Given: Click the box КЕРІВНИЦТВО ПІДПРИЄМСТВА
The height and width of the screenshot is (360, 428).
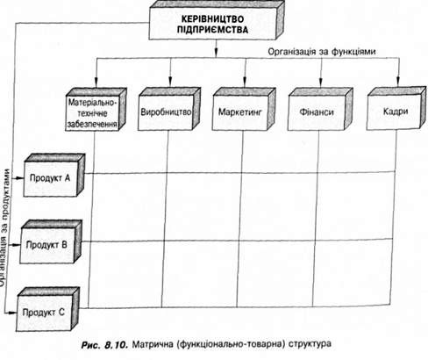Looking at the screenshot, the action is click(217, 20).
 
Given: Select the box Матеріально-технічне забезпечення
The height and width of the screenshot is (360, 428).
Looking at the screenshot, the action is click(96, 109).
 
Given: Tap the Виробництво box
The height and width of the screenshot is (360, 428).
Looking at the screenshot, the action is click(169, 109).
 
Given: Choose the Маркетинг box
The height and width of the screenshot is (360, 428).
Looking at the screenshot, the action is click(244, 109).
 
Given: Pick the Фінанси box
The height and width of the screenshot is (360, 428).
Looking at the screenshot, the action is click(320, 109).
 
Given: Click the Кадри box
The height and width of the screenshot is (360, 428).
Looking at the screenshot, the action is click(396, 108).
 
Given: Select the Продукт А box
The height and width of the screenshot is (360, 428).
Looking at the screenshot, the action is click(54, 175).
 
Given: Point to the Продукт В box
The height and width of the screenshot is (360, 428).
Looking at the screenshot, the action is click(51, 241).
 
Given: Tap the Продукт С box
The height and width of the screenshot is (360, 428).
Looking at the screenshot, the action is click(47, 309).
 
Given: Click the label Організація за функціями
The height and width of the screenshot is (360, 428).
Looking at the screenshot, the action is click(322, 52).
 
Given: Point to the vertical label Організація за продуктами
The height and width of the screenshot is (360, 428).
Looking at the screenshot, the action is click(5, 227).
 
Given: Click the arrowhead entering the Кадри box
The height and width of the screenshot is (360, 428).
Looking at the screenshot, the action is click(397, 83).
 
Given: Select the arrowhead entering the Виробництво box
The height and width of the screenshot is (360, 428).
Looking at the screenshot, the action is click(170, 83).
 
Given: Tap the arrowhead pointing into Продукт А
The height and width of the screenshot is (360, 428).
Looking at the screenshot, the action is click(19, 178).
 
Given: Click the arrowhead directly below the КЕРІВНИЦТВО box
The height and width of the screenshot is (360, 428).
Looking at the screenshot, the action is click(216, 52).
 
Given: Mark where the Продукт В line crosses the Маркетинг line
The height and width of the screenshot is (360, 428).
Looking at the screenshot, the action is click(239, 241).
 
